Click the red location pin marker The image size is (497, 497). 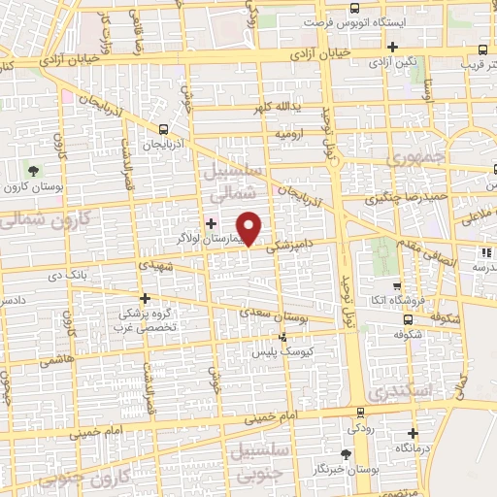click(x=250, y=227)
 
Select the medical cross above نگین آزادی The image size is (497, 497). click(x=392, y=46)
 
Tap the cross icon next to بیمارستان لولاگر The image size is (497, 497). click(x=211, y=223)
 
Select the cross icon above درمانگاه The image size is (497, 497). click(x=414, y=433)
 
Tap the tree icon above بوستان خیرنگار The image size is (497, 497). click(x=347, y=453)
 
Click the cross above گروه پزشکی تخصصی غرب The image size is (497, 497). click(x=146, y=298)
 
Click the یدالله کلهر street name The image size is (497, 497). click(x=282, y=107)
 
